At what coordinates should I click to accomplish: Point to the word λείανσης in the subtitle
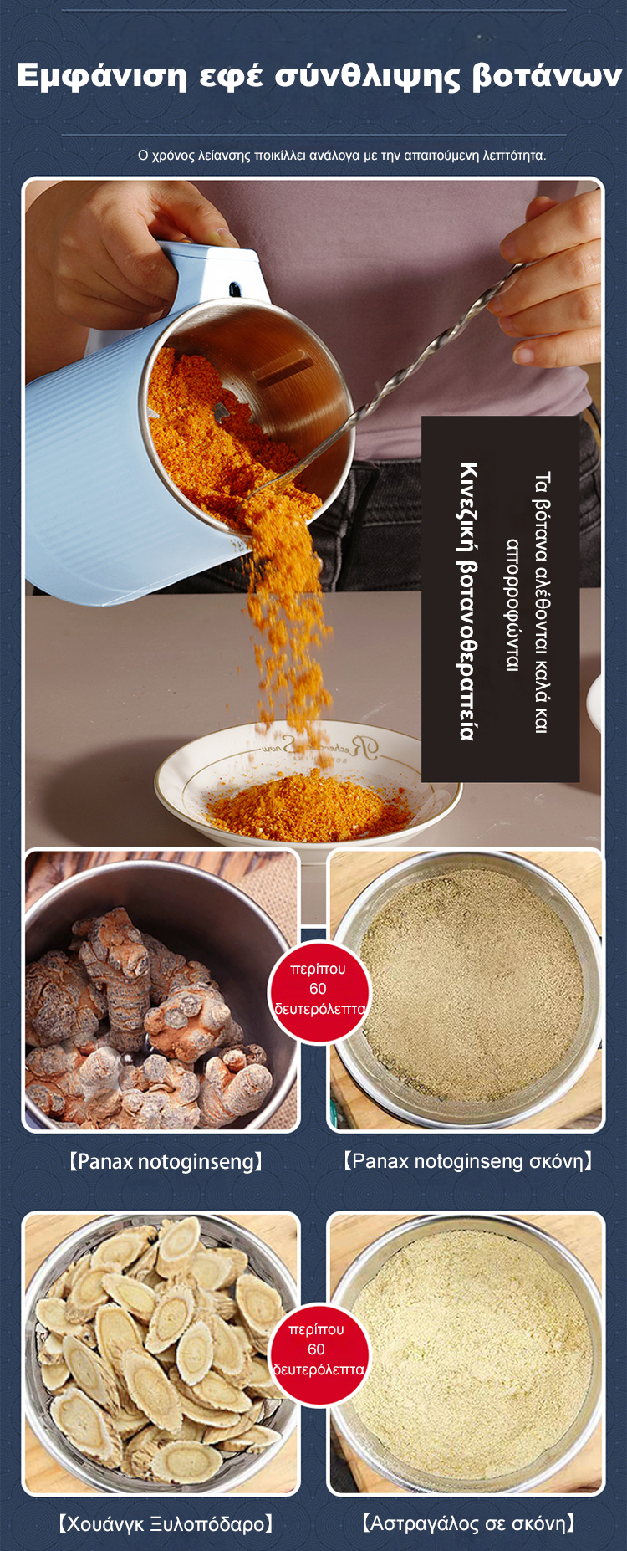[225, 155]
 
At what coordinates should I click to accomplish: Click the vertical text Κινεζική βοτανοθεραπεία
[468, 601]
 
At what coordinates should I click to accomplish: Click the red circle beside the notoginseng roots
[319, 990]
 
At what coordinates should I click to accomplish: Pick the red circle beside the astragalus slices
[319, 1351]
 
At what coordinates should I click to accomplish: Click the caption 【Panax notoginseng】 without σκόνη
[166, 1161]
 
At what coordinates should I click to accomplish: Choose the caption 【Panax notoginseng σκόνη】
[468, 1161]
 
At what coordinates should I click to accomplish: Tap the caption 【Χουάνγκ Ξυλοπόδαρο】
[166, 1523]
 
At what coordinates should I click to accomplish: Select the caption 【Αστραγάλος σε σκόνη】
[468, 1523]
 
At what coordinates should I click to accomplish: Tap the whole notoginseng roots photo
[161, 990]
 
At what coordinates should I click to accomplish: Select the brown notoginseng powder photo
[466, 990]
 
